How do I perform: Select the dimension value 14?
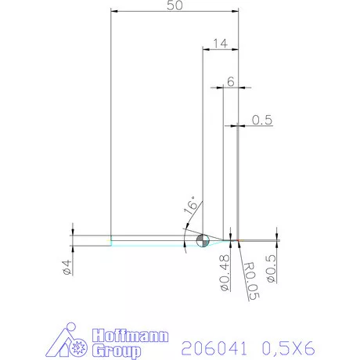coord(220,44)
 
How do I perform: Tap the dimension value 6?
coord(231,81)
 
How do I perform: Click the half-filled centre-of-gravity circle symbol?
coord(203,239)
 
